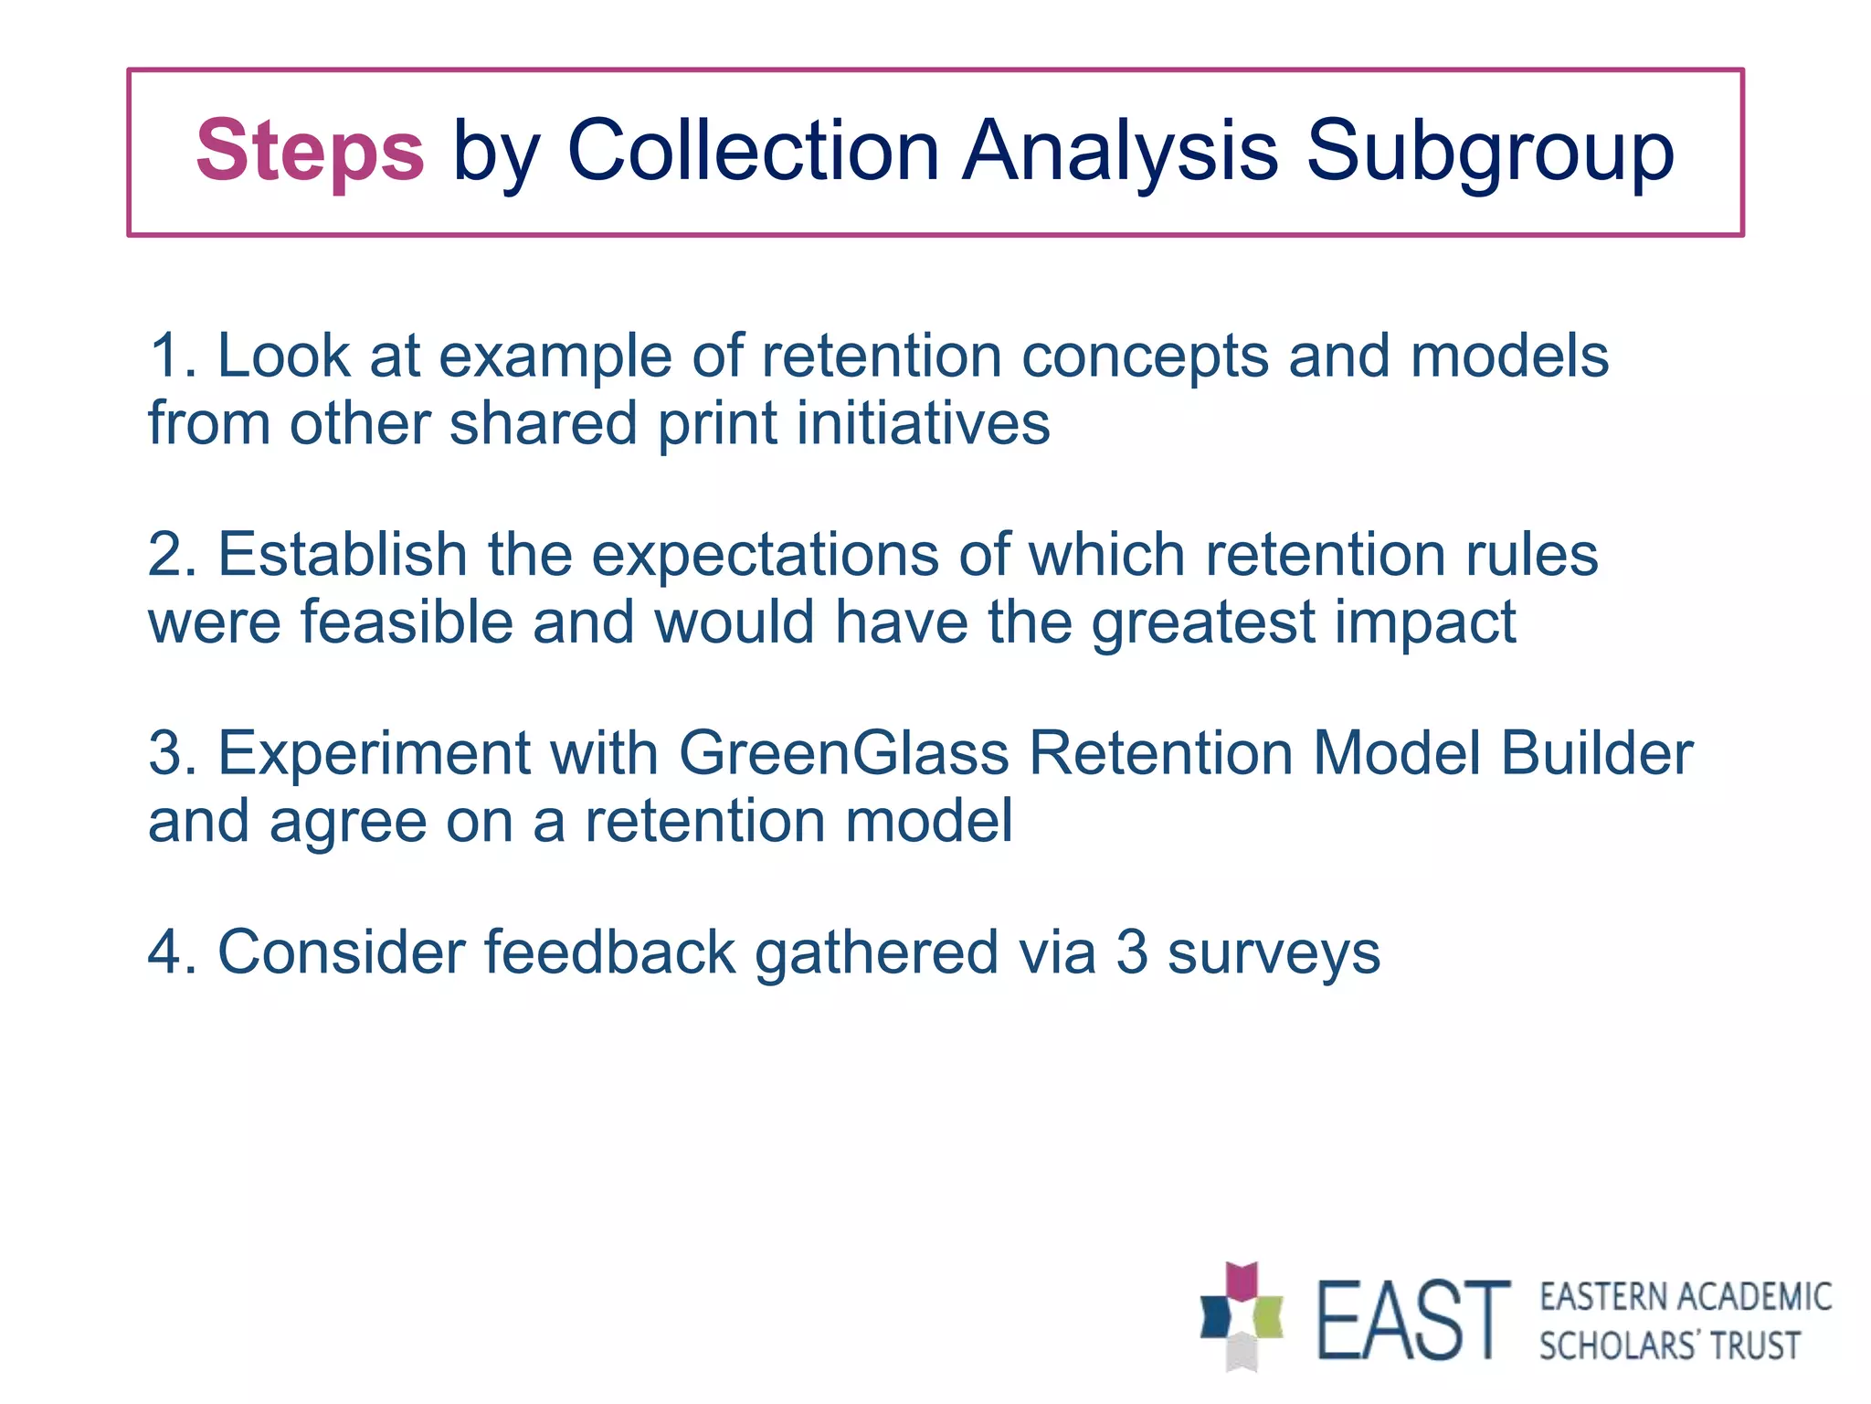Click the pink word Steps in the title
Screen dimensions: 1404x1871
(x=310, y=150)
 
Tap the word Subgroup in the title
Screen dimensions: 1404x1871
(x=1491, y=150)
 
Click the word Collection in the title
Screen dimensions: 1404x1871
(x=753, y=150)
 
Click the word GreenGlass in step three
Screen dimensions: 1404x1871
(x=844, y=754)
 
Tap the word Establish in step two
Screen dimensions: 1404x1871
(x=343, y=555)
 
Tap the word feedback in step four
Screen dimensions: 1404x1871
(x=608, y=952)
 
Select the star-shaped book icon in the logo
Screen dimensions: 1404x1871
(x=1241, y=1317)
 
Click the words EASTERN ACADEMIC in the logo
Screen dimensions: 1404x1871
(x=1685, y=1297)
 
